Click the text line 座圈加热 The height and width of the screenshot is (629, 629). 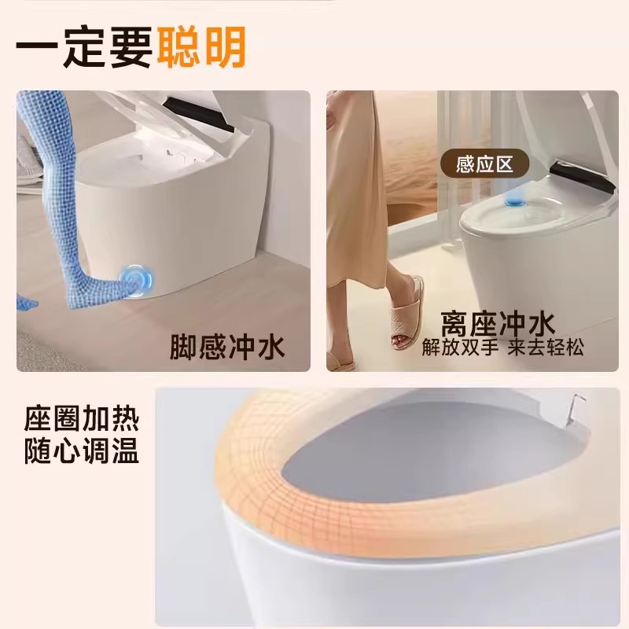pos(82,420)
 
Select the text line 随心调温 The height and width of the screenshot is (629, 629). pos(82,451)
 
